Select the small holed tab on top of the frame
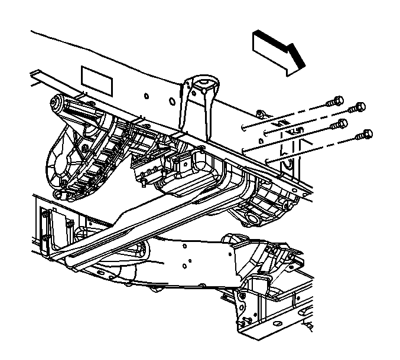click(258, 112)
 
